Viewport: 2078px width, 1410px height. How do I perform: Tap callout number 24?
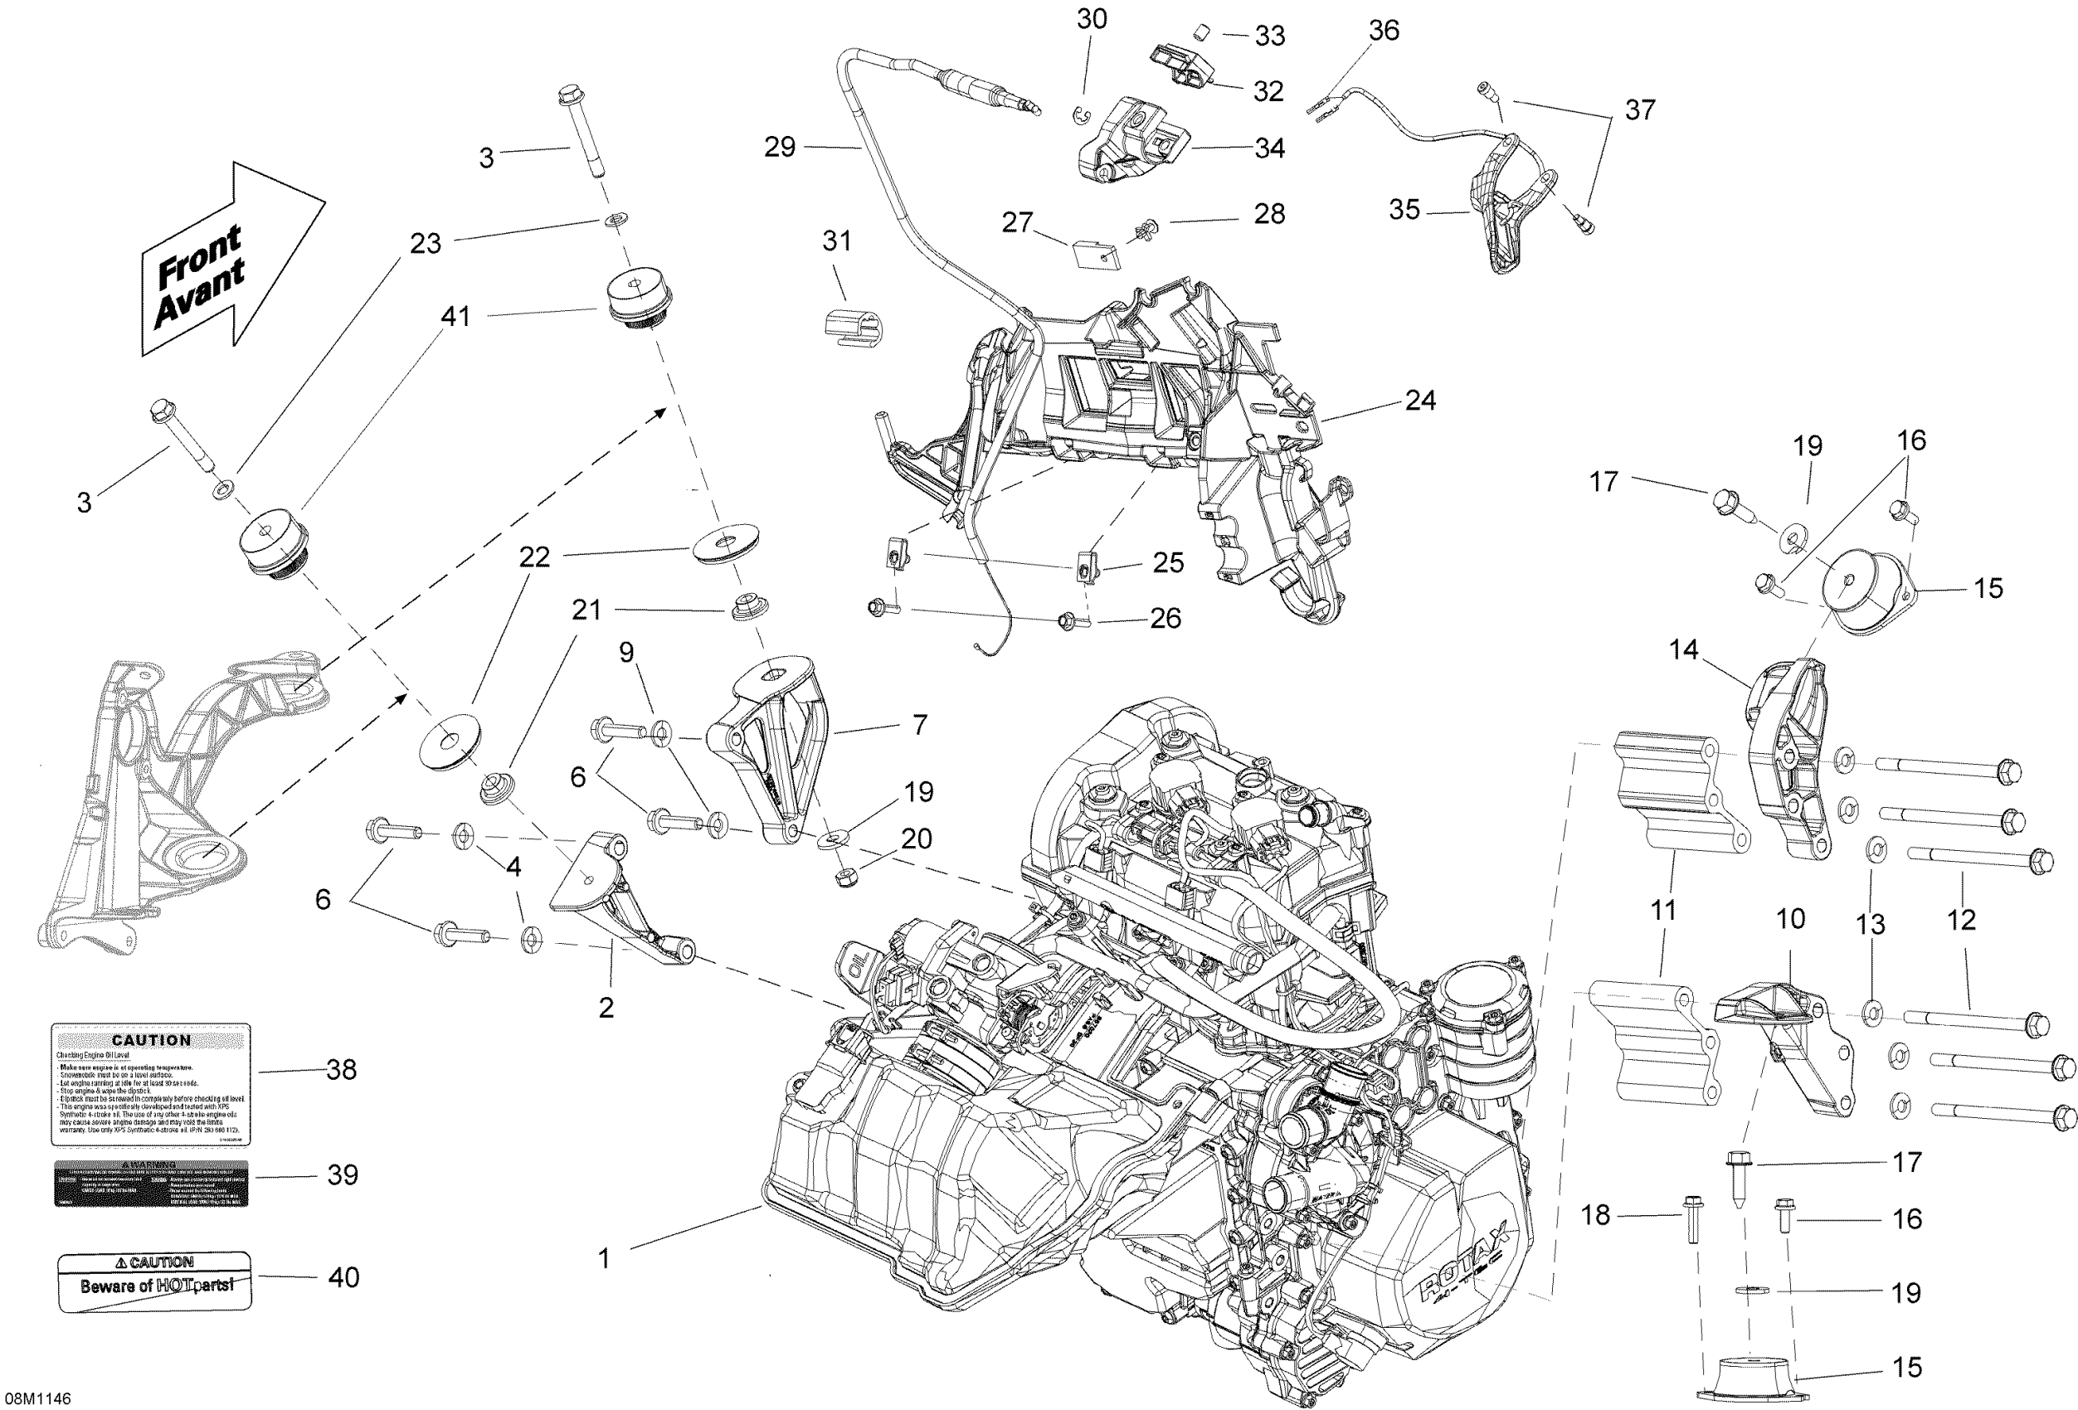pyautogui.click(x=1421, y=401)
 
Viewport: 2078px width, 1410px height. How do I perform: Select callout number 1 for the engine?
pyautogui.click(x=605, y=1259)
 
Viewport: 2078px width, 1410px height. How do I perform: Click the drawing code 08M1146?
pyautogui.click(x=37, y=1398)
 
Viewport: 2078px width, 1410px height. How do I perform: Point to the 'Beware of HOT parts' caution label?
pyautogui.click(x=153, y=1281)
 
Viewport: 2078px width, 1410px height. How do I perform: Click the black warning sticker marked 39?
pyautogui.click(x=151, y=1184)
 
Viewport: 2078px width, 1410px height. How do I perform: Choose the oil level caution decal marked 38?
pyautogui.click(x=151, y=1085)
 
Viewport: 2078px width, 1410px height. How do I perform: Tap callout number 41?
pyautogui.click(x=455, y=317)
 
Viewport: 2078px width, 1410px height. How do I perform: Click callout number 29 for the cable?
pyautogui.click(x=780, y=148)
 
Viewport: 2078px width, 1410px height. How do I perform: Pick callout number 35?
pyautogui.click(x=1404, y=210)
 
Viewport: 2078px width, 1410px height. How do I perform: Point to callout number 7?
pyautogui.click(x=919, y=724)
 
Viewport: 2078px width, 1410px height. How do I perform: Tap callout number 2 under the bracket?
pyautogui.click(x=606, y=1008)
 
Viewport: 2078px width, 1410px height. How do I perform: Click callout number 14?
pyautogui.click(x=1684, y=649)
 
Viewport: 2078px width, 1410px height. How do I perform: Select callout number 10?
pyautogui.click(x=1790, y=918)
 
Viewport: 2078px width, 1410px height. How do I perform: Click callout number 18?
pyautogui.click(x=1596, y=1215)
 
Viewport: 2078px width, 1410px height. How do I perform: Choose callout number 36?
pyautogui.click(x=1383, y=32)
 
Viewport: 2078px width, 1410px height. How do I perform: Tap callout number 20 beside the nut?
pyautogui.click(x=917, y=839)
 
